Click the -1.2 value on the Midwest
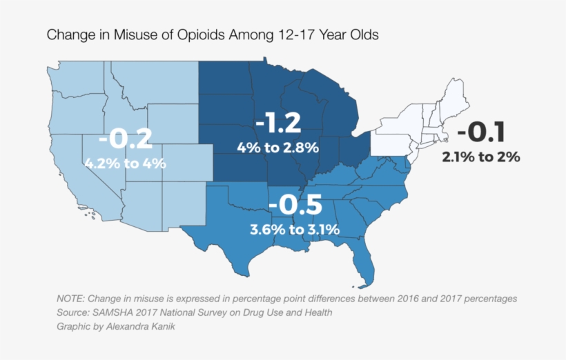[278, 123]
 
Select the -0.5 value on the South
[295, 206]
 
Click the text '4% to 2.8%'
[277, 147]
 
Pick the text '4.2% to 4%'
[125, 163]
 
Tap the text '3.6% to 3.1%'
[295, 229]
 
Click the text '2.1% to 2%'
[481, 157]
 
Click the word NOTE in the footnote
[71, 299]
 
